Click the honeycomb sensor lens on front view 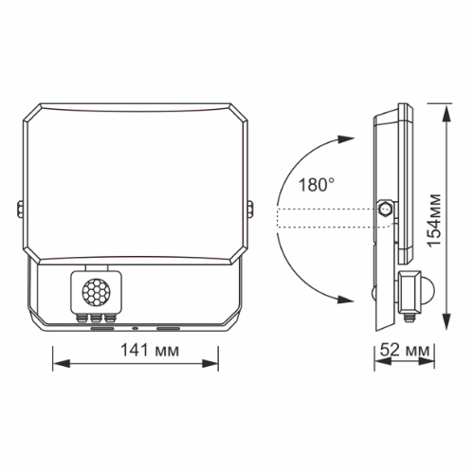click(x=97, y=288)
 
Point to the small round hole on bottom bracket click(x=135, y=327)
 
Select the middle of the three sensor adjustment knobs click(x=97, y=319)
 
